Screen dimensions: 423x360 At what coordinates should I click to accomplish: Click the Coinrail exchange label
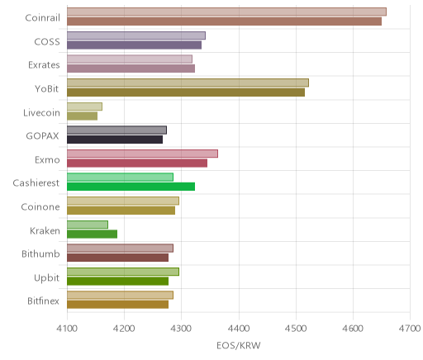pyautogui.click(x=42, y=18)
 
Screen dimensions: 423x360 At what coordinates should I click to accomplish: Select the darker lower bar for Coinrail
pyautogui.click(x=224, y=21)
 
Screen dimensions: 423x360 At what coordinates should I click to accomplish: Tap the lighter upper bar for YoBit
pyautogui.click(x=188, y=83)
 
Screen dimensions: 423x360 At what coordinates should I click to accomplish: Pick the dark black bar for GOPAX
pyautogui.click(x=115, y=140)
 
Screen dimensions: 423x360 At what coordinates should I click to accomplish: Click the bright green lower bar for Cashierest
pyautogui.click(x=131, y=187)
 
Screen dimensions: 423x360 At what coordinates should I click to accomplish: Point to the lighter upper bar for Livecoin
pyautogui.click(x=84, y=107)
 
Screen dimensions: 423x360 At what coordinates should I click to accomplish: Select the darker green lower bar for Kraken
pyautogui.click(x=92, y=234)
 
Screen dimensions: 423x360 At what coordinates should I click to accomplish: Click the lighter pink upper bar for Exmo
pyautogui.click(x=142, y=154)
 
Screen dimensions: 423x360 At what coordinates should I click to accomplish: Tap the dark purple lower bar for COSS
pyautogui.click(x=134, y=45)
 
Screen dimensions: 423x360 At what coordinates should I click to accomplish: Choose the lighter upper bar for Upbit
pyautogui.click(x=123, y=272)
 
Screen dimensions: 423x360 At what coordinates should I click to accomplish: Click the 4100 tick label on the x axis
pyautogui.click(x=67, y=329)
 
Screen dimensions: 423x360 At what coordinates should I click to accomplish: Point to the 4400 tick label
pyautogui.click(x=239, y=329)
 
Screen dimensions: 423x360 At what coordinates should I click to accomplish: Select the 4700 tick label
pyautogui.click(x=411, y=329)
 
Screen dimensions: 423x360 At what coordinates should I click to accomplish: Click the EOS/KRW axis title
pyautogui.click(x=239, y=345)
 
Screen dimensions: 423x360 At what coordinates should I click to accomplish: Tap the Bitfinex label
pyautogui.click(x=43, y=301)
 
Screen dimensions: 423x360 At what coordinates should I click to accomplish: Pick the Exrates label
pyautogui.click(x=44, y=65)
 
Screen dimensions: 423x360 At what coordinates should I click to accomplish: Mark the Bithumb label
pyautogui.click(x=40, y=253)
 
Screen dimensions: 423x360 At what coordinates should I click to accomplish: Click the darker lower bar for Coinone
pyautogui.click(x=121, y=211)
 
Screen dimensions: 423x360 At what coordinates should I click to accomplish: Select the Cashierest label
pyautogui.click(x=36, y=183)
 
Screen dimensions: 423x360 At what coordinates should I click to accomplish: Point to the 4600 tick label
pyautogui.click(x=353, y=329)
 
